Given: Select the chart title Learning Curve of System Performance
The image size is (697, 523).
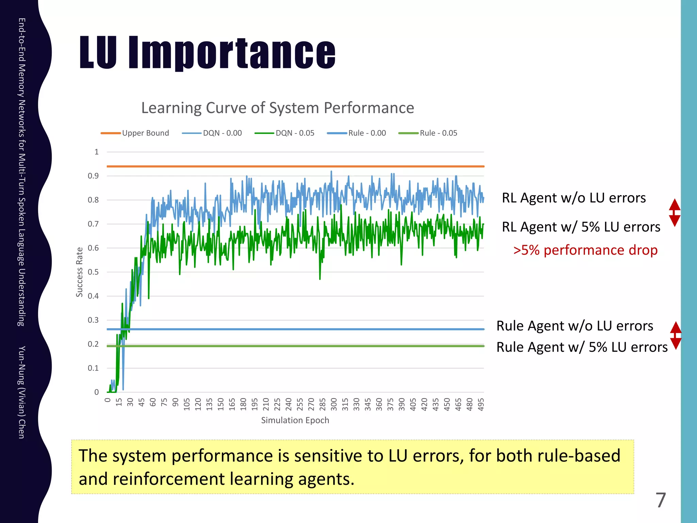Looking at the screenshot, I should pyautogui.click(x=277, y=108).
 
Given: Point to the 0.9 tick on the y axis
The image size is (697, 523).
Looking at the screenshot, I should pyautogui.click(x=93, y=176).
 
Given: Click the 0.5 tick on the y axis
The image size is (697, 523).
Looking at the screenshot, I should pyautogui.click(x=93, y=272).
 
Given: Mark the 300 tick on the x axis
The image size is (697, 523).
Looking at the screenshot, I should pyautogui.click(x=334, y=404).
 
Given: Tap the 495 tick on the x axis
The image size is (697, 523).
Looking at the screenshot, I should pyautogui.click(x=481, y=404).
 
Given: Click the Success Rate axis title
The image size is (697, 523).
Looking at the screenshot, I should pyautogui.click(x=79, y=272).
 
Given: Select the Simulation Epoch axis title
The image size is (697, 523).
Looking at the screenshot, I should pyautogui.click(x=295, y=421).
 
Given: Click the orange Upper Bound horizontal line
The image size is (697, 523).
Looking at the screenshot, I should pyautogui.click(x=295, y=167).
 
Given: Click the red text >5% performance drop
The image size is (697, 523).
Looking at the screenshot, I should pyautogui.click(x=585, y=250).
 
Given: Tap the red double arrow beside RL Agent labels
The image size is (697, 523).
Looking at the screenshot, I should pyautogui.click(x=675, y=213).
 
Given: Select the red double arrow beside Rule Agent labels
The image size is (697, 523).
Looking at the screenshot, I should pyautogui.click(x=676, y=335).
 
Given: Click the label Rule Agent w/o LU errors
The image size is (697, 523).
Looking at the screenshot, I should pyautogui.click(x=574, y=326).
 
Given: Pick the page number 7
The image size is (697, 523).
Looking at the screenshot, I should pyautogui.click(x=661, y=500).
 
